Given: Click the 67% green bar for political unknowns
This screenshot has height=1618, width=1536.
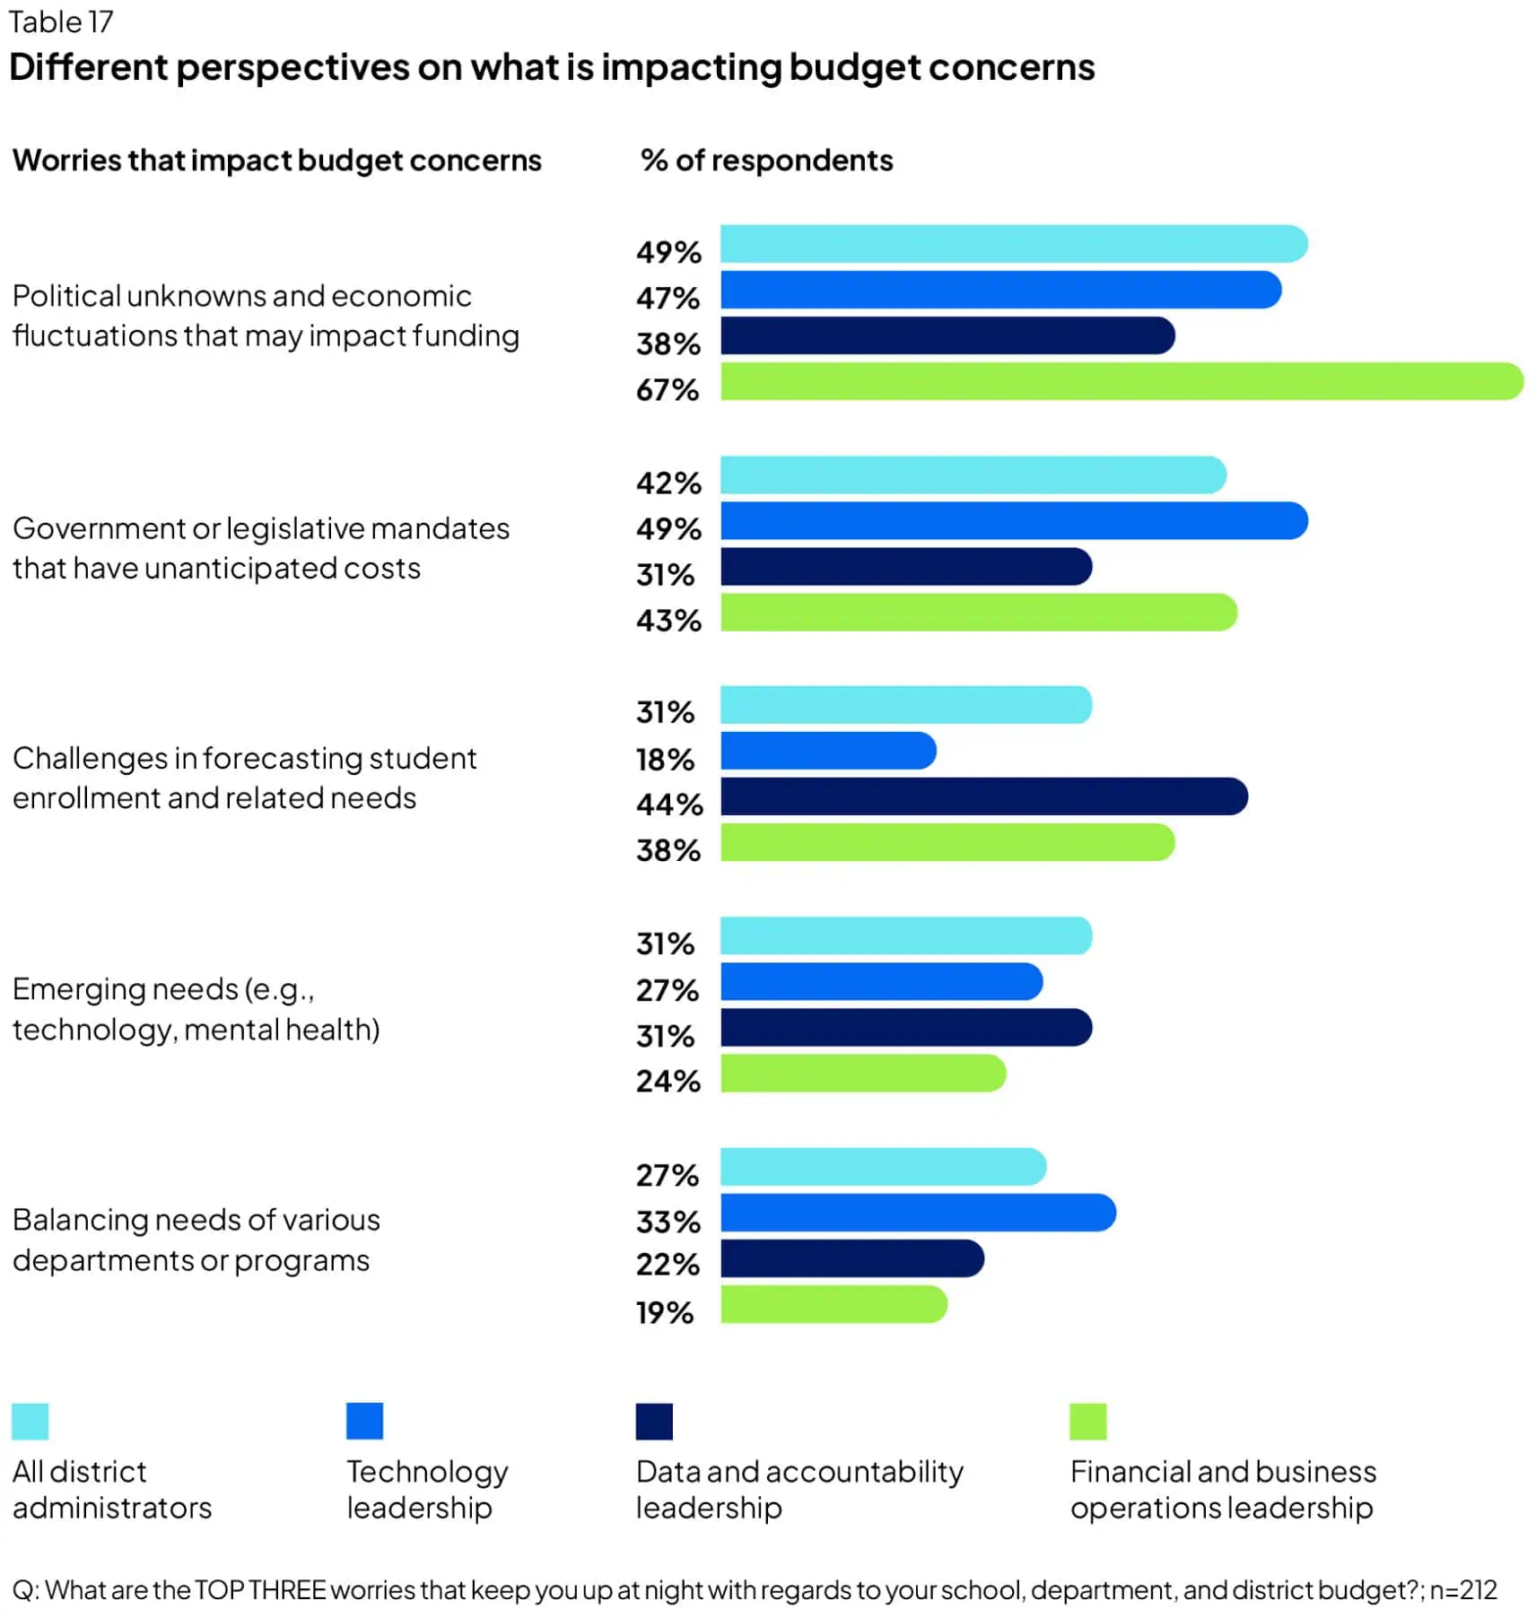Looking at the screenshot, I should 1121,381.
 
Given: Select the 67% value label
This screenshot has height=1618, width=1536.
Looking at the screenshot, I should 668,390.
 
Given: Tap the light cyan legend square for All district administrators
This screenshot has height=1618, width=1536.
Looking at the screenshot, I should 30,1421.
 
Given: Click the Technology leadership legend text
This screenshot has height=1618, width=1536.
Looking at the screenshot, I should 427,1489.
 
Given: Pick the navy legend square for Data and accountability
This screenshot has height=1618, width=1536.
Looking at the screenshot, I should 654,1421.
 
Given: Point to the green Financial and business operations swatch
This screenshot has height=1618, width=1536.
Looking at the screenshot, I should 1088,1421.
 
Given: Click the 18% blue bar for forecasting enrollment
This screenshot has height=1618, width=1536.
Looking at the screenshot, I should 828,751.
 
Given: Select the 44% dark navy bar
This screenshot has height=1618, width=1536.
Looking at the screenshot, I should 983,796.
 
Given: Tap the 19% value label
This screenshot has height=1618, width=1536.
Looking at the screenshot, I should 665,1313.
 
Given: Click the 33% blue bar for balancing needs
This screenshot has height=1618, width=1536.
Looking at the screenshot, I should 918,1213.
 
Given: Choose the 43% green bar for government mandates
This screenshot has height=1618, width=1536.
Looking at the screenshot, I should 978,613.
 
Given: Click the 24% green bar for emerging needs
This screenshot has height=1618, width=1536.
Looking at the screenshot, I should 863,1074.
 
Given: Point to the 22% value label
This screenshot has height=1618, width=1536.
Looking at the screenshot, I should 668,1265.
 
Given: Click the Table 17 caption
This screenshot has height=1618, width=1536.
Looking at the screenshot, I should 60,22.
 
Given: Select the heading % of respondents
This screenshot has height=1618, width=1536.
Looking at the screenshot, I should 766,161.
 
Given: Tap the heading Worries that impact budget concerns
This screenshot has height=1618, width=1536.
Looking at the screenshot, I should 276,161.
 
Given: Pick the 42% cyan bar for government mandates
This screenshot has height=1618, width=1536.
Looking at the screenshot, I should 973,475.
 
